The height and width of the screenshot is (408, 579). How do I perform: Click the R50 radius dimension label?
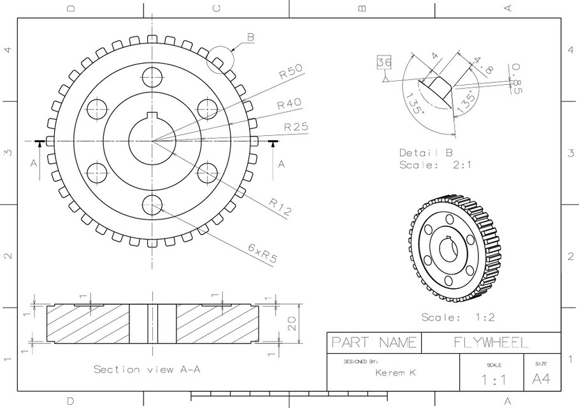tap(290, 71)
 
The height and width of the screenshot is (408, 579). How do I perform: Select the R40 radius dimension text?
tap(289, 104)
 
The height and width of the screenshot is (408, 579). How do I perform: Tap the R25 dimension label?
tap(296, 126)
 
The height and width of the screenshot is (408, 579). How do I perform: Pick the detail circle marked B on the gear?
tap(220, 59)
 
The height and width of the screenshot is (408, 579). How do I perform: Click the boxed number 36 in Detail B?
tap(384, 62)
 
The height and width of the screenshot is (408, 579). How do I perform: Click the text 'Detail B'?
tap(425, 153)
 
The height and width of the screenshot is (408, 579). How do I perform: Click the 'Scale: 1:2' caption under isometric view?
tap(457, 317)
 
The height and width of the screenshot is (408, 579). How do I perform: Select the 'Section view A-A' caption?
tap(147, 369)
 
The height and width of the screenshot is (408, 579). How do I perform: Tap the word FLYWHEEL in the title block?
tap(490, 342)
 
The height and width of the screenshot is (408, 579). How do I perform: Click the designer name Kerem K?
tap(395, 372)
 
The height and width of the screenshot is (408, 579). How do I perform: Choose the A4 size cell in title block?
tap(541, 379)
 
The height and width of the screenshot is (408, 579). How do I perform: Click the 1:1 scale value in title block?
tap(494, 381)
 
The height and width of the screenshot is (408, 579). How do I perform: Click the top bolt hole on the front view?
tap(152, 77)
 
